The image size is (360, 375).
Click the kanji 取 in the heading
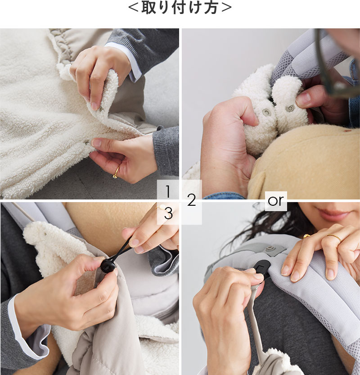[149, 8]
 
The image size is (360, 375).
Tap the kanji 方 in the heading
[211, 8]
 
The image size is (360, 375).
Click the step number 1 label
[168, 191]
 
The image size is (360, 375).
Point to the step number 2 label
[191, 200]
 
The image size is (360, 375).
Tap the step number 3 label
[169, 213]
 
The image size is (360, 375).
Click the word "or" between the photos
[276, 201]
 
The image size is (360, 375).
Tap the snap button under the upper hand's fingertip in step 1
[101, 109]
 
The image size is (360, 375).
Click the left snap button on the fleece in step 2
[266, 112]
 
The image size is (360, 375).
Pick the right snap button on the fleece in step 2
[290, 108]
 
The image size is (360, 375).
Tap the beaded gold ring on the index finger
[335, 238]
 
